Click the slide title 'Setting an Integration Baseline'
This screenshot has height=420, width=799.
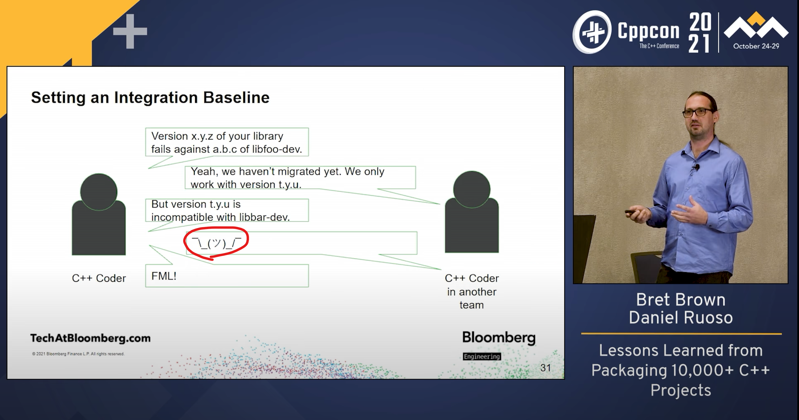point(150,98)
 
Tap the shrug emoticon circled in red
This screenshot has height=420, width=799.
point(216,243)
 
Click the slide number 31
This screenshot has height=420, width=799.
point(546,368)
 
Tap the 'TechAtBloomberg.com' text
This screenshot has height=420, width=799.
point(90,338)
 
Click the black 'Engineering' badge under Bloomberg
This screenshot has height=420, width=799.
point(482,356)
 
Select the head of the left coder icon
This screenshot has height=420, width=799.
point(99,192)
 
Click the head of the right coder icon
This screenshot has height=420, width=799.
point(472,189)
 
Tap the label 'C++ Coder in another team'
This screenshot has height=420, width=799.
point(472,291)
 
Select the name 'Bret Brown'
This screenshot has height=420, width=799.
point(681,300)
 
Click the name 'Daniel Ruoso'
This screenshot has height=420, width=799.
point(681,318)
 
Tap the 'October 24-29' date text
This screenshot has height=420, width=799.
point(756,46)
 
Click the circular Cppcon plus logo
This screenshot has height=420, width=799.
point(592,32)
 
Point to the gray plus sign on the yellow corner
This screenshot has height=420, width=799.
point(130,31)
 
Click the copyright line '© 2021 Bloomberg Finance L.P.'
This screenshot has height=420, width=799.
point(78,354)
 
